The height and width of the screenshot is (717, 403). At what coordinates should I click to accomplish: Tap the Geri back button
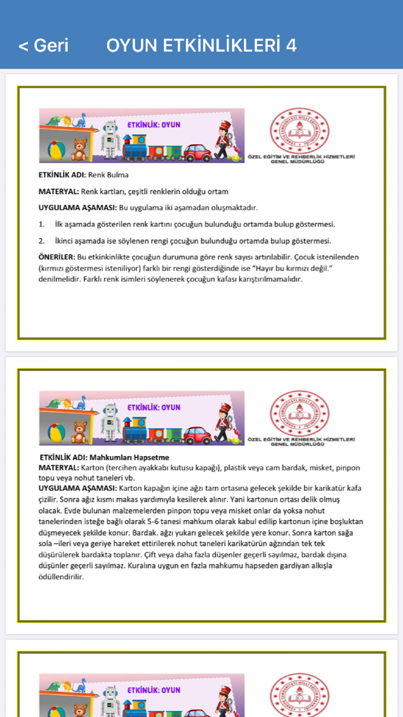[x=44, y=46]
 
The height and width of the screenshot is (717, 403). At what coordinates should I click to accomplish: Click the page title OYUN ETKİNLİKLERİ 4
[x=201, y=46]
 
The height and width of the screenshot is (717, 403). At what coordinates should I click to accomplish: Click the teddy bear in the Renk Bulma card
[x=79, y=150]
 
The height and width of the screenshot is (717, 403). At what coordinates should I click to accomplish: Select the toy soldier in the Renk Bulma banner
[x=223, y=140]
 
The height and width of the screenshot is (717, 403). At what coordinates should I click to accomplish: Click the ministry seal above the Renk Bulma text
[x=299, y=131]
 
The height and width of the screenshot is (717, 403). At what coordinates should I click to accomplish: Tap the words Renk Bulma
[x=108, y=175]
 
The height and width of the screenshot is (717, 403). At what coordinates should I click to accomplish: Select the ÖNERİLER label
[x=56, y=257]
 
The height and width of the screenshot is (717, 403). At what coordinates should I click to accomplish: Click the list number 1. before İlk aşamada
[x=42, y=224]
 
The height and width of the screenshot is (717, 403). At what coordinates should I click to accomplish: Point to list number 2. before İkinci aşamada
[x=42, y=241]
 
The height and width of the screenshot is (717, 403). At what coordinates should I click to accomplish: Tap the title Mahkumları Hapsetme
[x=129, y=457]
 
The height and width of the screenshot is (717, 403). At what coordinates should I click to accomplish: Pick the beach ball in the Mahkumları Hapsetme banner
[x=56, y=433]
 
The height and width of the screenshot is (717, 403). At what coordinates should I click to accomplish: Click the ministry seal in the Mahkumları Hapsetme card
[x=299, y=413]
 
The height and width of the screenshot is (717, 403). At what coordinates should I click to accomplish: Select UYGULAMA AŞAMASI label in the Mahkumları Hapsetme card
[x=77, y=488]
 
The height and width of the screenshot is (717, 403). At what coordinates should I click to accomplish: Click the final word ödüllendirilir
[x=61, y=577]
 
